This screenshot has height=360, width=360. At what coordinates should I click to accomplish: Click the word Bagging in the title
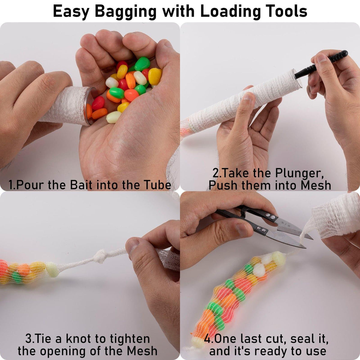pos(125,12)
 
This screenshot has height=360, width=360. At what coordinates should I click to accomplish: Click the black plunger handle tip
pos(344,53)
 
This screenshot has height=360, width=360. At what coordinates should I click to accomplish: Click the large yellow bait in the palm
pos(155,76)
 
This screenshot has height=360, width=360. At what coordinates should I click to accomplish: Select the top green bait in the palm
pos(142,64)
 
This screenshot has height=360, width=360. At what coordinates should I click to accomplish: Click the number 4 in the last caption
pos(208,334)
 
